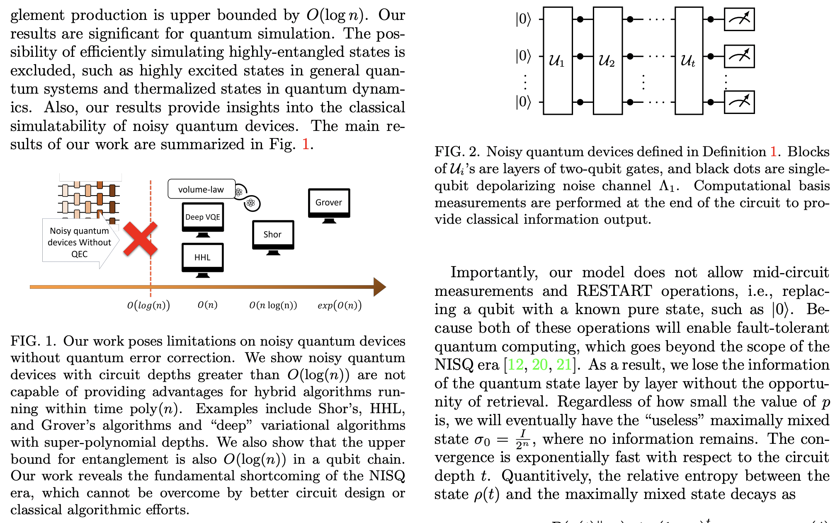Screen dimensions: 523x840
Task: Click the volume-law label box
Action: coord(202,189)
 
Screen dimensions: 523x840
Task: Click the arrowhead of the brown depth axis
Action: coord(379,287)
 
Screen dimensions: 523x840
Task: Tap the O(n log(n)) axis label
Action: coord(273,305)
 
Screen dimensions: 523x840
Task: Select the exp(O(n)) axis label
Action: coord(339,305)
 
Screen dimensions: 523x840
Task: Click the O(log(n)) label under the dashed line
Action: coord(148,305)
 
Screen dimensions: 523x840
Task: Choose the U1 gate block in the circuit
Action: coord(557,61)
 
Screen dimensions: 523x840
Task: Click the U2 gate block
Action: coord(607,61)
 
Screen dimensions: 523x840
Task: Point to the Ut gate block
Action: coord(688,61)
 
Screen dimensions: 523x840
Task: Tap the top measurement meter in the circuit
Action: coord(739,19)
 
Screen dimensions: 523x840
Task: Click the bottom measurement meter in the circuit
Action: coord(739,102)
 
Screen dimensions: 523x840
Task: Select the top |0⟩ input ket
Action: coord(523,19)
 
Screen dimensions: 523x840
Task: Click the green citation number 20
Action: coord(540,365)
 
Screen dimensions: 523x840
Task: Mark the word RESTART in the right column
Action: coord(614,291)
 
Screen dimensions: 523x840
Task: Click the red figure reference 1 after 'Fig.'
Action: coord(306,144)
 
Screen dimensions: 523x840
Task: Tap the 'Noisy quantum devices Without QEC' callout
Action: coord(79,242)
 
